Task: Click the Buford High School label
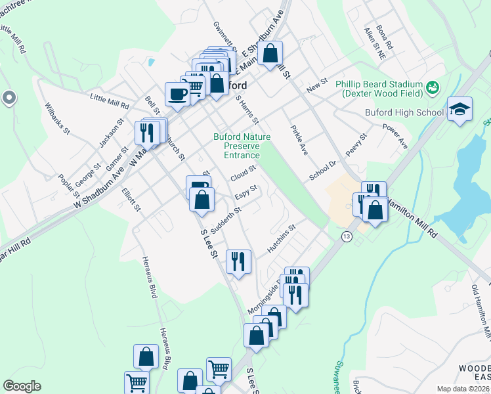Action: [x=404, y=112]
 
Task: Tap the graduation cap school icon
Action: [x=460, y=109]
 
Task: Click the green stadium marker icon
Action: [x=432, y=87]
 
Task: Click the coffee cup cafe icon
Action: [x=177, y=94]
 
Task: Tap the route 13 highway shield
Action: [x=346, y=236]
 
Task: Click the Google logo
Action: [x=22, y=386]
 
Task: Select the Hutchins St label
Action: [x=282, y=240]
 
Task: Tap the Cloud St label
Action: [x=243, y=174]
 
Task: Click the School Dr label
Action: [x=323, y=171]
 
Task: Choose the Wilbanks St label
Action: [x=57, y=118]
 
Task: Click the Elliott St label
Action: [x=131, y=200]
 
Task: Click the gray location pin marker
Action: [x=8, y=98]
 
